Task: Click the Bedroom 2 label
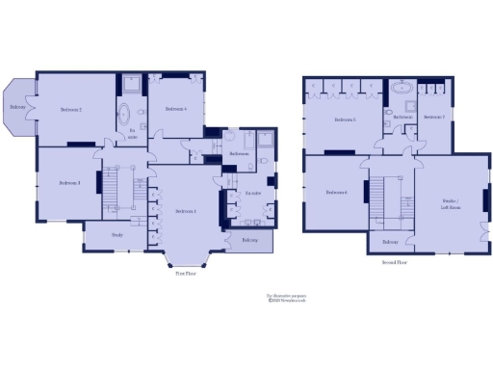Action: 70,110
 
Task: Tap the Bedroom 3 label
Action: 68,183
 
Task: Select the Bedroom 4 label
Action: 176,109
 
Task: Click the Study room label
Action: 117,234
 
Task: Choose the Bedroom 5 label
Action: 346,119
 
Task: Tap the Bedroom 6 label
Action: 336,192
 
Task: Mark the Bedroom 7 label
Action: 434,118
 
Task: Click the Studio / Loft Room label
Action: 451,204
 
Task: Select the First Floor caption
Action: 187,273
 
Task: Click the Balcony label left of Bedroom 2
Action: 17,107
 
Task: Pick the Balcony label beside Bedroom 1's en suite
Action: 250,239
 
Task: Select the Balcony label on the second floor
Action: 390,242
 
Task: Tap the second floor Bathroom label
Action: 402,118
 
